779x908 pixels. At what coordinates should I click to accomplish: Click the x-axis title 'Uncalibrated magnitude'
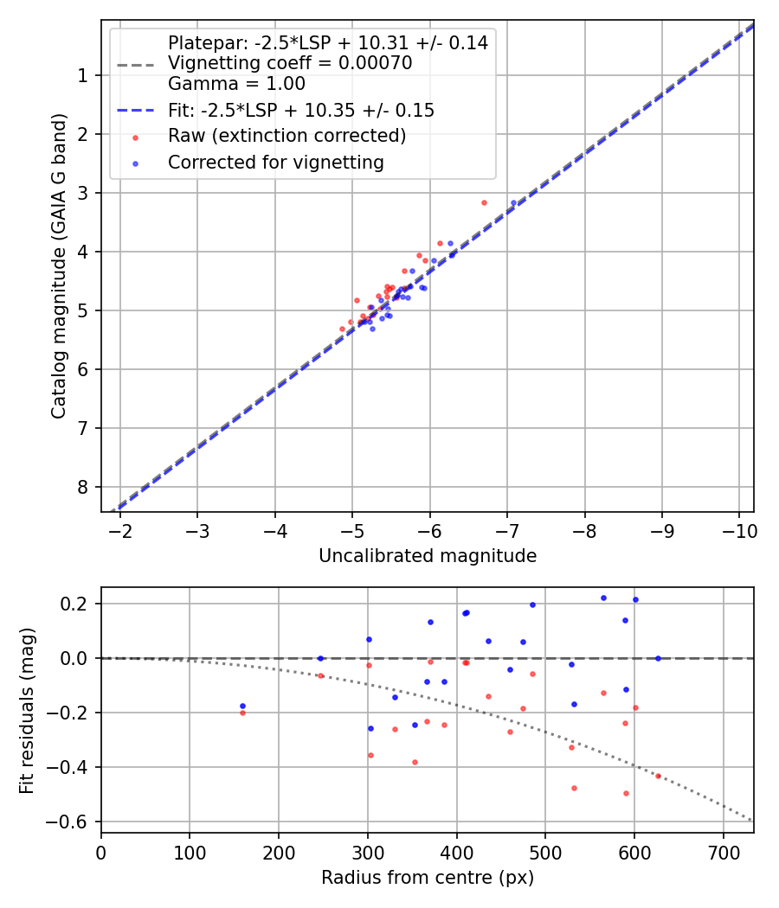[x=427, y=556]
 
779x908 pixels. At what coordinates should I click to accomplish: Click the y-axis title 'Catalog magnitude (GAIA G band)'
[x=58, y=265]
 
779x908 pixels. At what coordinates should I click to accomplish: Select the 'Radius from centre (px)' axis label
[x=427, y=878]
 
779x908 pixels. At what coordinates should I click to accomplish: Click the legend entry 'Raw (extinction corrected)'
[x=286, y=137]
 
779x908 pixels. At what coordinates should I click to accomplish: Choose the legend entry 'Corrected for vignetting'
[x=275, y=163]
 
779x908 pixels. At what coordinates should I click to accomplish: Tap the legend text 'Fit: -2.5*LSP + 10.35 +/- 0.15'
[x=300, y=111]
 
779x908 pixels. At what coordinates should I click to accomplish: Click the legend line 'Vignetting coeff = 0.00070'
[x=289, y=63]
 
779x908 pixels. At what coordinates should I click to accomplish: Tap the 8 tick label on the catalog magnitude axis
[x=83, y=487]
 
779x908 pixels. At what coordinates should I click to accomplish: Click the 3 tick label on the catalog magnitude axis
[x=83, y=193]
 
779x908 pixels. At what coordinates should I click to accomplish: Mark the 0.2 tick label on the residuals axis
[x=77, y=604]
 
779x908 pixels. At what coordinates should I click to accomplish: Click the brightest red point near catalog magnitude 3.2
[x=484, y=202]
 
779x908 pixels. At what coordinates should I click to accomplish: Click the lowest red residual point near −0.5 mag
[x=626, y=793]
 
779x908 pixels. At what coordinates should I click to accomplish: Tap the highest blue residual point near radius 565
[x=603, y=598]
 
